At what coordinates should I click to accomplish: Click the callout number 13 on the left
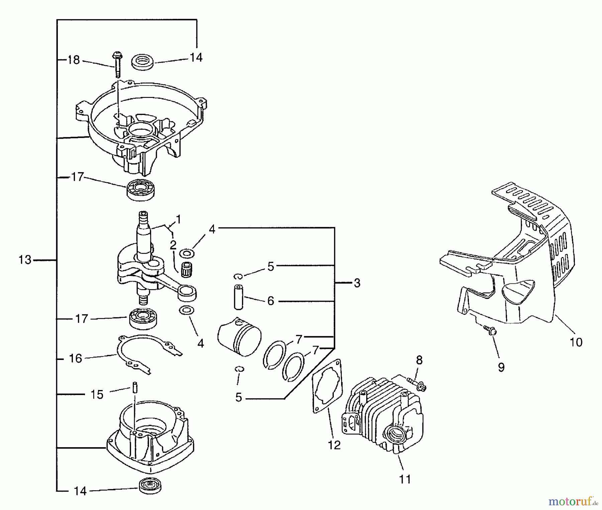25,260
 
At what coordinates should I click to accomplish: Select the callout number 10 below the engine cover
576,342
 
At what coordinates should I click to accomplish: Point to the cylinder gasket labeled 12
327,386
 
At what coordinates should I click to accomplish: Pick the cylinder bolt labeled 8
417,384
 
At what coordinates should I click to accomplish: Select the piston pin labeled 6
238,297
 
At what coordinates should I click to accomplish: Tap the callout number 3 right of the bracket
357,283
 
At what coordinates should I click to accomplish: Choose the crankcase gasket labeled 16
147,354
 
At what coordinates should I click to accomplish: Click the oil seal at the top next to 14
143,62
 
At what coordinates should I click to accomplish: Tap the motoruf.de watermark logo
573,501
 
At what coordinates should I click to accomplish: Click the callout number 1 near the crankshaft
178,220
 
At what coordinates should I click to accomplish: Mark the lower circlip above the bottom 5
239,369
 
